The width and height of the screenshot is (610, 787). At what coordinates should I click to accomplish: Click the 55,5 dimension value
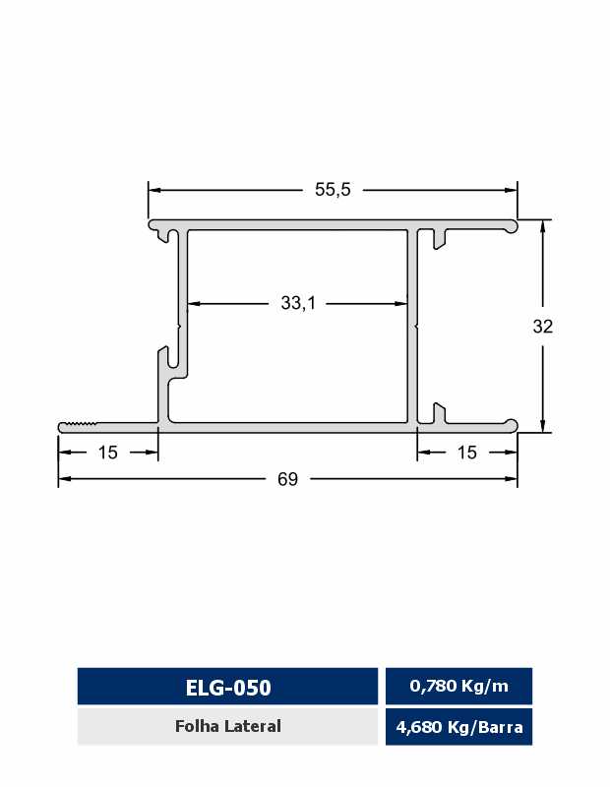[333, 190]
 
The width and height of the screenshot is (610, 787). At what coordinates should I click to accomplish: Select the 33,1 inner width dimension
[298, 303]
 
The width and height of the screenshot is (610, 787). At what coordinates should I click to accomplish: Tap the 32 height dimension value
[543, 327]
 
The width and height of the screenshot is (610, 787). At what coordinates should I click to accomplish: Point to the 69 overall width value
[287, 479]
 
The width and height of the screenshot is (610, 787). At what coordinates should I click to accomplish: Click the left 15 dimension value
[108, 453]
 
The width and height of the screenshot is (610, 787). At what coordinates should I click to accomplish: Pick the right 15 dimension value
[467, 453]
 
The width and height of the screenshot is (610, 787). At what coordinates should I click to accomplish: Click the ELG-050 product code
[228, 688]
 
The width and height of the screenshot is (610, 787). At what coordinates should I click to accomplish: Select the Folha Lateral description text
[228, 726]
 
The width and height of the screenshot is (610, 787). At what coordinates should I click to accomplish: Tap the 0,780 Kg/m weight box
[458, 686]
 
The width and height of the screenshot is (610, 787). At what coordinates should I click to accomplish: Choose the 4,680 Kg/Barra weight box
[458, 727]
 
